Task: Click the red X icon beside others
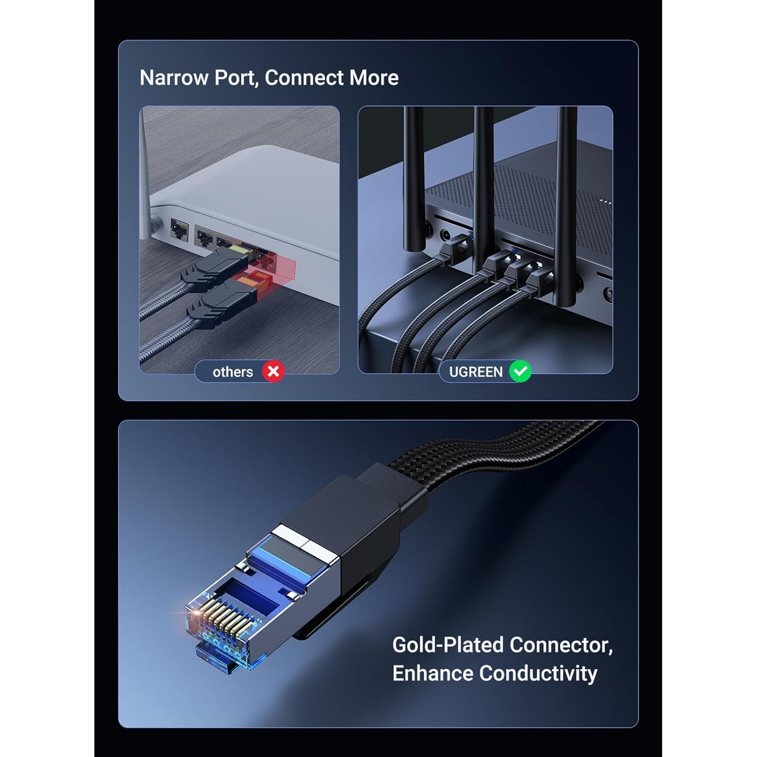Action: pyautogui.click(x=273, y=371)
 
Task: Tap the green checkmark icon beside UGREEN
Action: pyautogui.click(x=520, y=371)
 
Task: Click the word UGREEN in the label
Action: pyautogui.click(x=475, y=372)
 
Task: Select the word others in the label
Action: pyautogui.click(x=233, y=372)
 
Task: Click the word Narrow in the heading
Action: pyautogui.click(x=174, y=78)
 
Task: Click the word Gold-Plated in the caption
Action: pyautogui.click(x=448, y=645)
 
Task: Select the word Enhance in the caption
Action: pyautogui.click(x=433, y=673)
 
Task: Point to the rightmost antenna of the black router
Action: pyautogui.click(x=566, y=202)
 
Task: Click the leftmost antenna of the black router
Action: pyautogui.click(x=414, y=177)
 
